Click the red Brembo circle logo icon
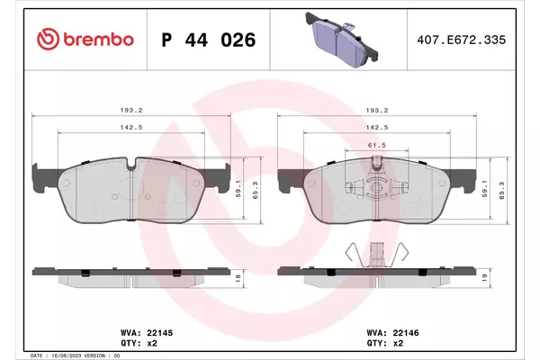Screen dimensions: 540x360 (x=49, y=40)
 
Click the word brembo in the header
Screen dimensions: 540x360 (x=98, y=40)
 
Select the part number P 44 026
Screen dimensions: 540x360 (x=209, y=40)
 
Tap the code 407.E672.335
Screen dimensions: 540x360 (x=462, y=40)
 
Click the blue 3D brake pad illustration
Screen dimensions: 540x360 (x=341, y=40)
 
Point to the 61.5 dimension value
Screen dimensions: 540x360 (x=377, y=146)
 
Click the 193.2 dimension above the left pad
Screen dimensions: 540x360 (x=131, y=110)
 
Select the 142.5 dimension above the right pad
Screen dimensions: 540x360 (x=377, y=127)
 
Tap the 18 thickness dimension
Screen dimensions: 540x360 (x=238, y=278)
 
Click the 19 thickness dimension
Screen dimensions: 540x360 (x=484, y=278)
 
